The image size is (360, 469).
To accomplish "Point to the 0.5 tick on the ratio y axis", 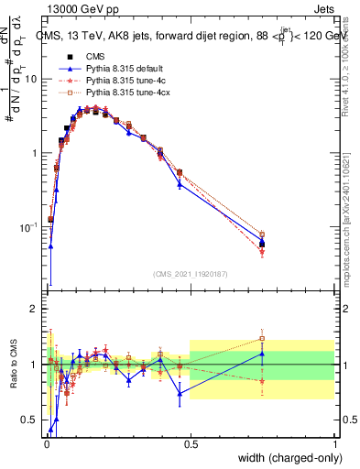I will point(31,420).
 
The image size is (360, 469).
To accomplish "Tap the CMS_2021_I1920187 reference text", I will point(190,274).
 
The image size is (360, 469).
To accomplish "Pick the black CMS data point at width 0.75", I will point(262,244).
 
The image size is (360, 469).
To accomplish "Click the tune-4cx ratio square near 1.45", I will point(262,339).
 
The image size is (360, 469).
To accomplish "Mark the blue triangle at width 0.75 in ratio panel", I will point(262,354).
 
